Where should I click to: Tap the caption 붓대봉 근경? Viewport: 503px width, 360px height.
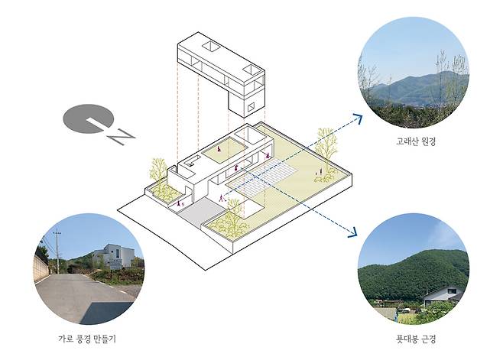(413, 337)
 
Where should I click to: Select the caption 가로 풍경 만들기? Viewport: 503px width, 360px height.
(89, 337)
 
